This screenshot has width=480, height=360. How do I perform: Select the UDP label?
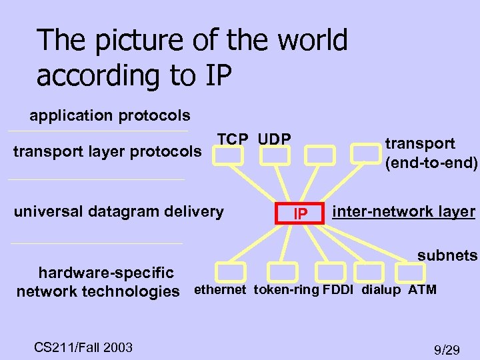pos(274,139)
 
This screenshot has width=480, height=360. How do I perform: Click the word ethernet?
pos(220,290)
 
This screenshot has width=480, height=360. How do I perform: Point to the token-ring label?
pos(287,290)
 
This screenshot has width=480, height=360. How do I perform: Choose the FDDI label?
pos(339,290)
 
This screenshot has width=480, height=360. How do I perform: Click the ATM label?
pos(422,290)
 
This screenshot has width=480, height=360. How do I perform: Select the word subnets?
pos(447,255)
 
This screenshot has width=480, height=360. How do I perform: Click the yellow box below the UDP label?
pos(275,155)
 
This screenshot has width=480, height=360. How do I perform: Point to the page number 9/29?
pos(447,349)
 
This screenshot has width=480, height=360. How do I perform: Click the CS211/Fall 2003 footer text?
pos(83,347)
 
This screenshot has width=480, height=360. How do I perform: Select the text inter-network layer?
pos(404,213)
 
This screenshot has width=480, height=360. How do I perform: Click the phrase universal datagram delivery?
pos(119,212)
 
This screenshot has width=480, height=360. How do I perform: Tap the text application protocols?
pos(110,115)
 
